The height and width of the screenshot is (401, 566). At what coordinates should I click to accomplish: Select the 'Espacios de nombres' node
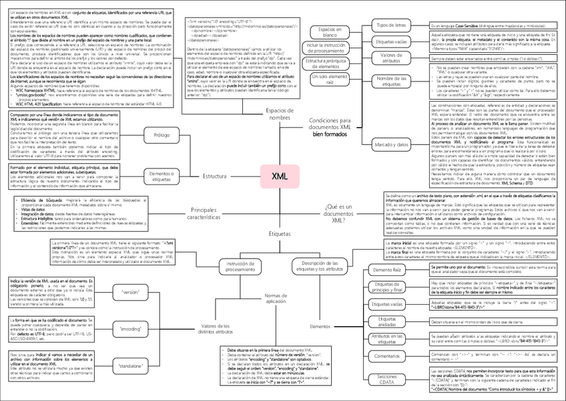point(280,113)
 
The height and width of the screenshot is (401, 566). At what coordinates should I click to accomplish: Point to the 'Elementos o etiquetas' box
point(161,176)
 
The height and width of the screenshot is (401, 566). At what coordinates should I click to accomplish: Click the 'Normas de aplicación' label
point(275,298)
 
